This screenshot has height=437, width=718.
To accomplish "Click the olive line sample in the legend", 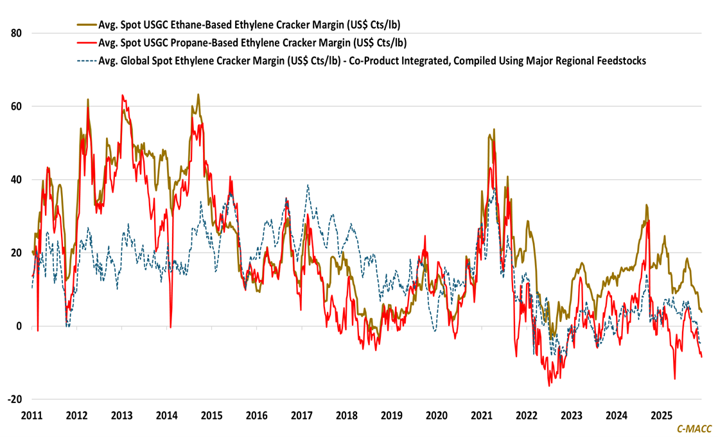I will pyautogui.click(x=85, y=25).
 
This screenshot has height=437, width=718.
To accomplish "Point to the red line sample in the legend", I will pyautogui.click(x=85, y=43).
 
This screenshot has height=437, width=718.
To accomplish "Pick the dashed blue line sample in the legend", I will pyautogui.click(x=85, y=60).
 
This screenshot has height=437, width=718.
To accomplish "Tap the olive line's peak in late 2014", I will pyautogui.click(x=198, y=94).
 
